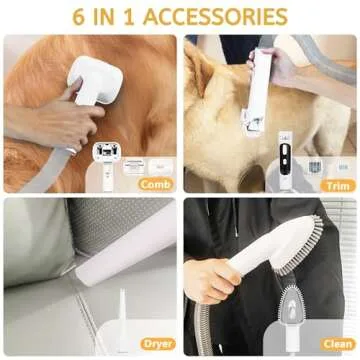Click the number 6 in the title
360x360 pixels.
79,17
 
